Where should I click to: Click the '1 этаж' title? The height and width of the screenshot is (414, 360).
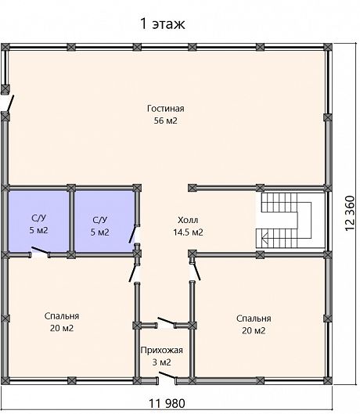click(163, 23)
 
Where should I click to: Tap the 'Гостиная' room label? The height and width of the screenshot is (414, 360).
click(166, 109)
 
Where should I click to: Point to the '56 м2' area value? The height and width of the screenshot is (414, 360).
click(166, 121)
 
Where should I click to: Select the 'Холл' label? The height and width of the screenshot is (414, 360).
click(188, 220)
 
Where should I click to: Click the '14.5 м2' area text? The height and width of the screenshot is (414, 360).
click(188, 232)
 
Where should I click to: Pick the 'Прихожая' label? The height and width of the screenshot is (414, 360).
click(162, 350)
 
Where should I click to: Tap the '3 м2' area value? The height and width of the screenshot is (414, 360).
click(162, 362)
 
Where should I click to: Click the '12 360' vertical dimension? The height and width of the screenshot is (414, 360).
click(350, 214)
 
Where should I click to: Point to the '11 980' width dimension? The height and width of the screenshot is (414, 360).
click(167, 404)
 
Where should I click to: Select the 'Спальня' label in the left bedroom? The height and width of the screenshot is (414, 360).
click(62, 316)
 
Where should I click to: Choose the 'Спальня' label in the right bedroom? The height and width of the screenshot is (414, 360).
click(254, 319)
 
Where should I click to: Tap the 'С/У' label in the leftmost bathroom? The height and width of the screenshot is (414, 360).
click(38, 218)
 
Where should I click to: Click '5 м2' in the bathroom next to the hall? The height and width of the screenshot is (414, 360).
click(100, 232)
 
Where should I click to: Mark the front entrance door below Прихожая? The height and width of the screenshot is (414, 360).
click(167, 376)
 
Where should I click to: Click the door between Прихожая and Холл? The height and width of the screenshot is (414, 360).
click(167, 322)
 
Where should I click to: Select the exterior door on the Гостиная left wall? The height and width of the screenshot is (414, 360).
click(9, 104)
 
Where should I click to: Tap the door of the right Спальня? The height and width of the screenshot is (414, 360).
click(196, 270)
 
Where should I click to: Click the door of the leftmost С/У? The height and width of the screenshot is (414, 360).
click(40, 252)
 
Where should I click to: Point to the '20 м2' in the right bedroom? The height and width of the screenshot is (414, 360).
click(254, 330)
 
